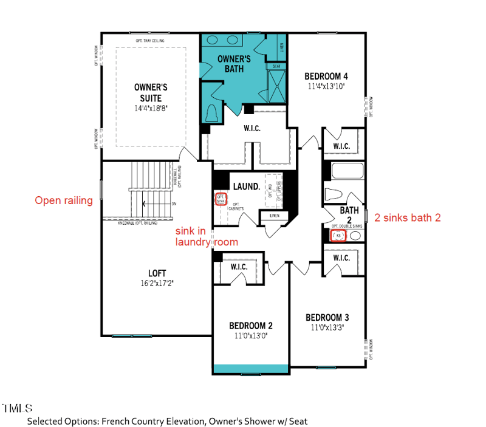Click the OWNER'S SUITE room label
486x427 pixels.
tap(151, 92)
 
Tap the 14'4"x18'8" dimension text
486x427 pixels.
tap(151, 108)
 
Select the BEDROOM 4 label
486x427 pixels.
tap(326, 76)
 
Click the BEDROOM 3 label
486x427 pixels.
tap(327, 318)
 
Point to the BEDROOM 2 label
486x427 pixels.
tap(250, 324)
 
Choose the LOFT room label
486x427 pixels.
tap(157, 273)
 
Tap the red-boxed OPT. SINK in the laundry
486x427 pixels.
tap(222, 199)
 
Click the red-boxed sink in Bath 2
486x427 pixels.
tap(338, 236)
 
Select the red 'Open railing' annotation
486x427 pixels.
tap(64, 200)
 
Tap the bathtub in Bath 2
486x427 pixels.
tap(346, 171)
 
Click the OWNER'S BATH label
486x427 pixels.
tap(234, 64)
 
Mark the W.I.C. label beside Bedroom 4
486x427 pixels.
tap(341, 146)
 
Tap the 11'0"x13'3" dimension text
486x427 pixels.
tap(327, 328)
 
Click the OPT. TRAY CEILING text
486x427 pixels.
tap(151, 41)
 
